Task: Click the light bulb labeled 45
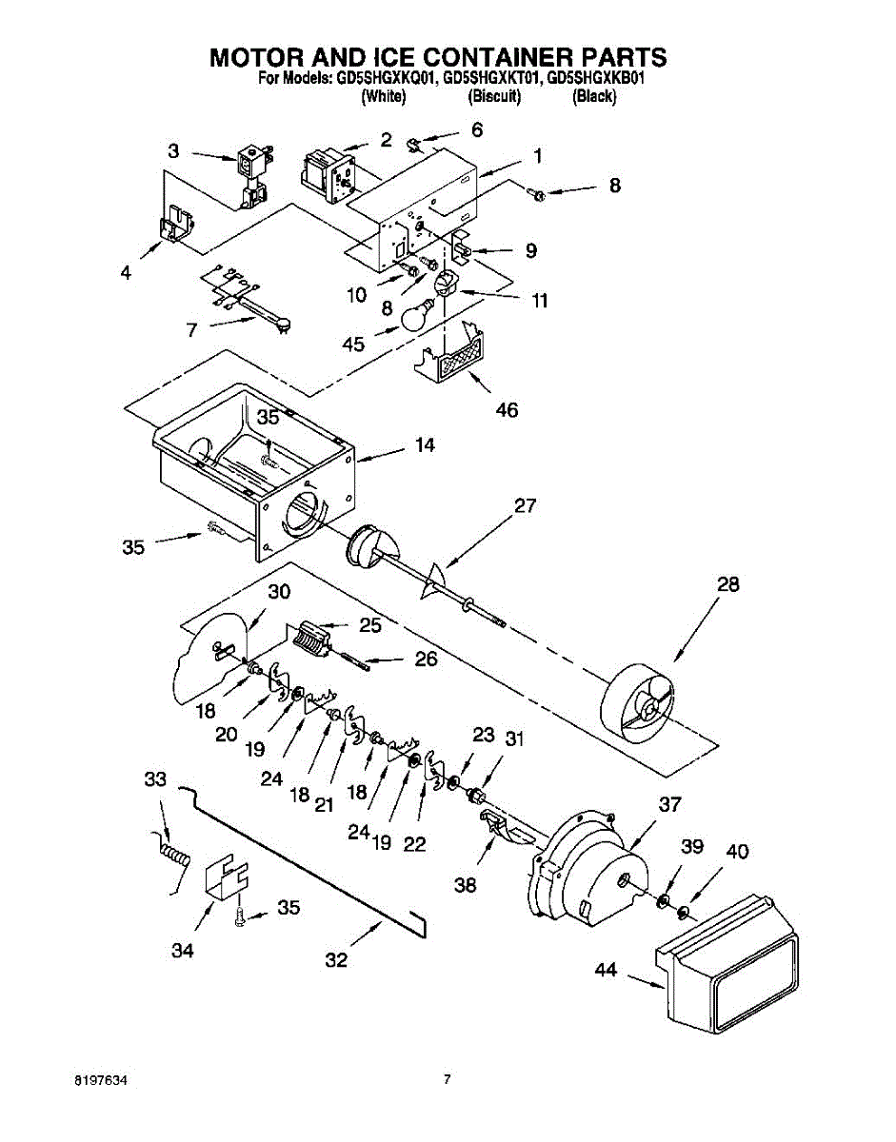point(416,316)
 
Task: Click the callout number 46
point(508,410)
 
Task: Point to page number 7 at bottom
point(447,1080)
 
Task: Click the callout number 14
point(425,445)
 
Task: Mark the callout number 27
point(526,506)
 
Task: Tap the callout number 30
point(278,592)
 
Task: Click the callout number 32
point(336,960)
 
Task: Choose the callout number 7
point(192,330)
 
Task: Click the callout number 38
point(466,884)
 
